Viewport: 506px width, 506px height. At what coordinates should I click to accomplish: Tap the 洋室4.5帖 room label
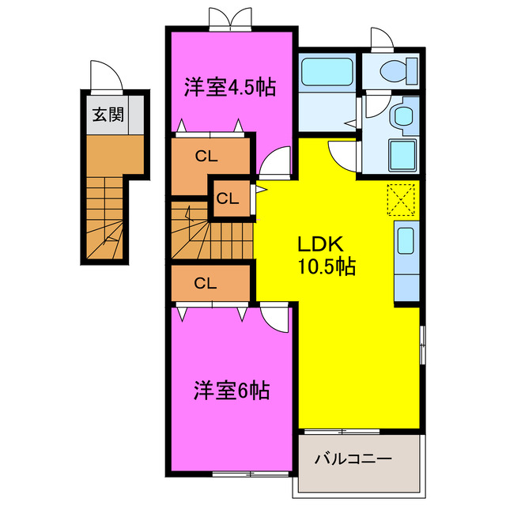230,87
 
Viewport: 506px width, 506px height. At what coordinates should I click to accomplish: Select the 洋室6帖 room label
232,390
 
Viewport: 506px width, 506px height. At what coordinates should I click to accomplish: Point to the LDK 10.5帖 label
326,255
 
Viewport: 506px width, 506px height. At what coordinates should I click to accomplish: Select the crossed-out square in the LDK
402,198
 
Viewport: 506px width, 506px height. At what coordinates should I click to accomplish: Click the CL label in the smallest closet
228,198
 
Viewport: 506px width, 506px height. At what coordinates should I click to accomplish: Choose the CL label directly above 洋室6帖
206,282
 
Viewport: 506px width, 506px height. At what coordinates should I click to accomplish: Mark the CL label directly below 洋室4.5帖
206,156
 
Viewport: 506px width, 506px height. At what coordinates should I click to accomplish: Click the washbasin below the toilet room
404,117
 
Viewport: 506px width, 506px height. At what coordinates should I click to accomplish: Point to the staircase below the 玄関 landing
105,217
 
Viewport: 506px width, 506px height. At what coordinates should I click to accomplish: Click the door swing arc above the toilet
382,37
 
